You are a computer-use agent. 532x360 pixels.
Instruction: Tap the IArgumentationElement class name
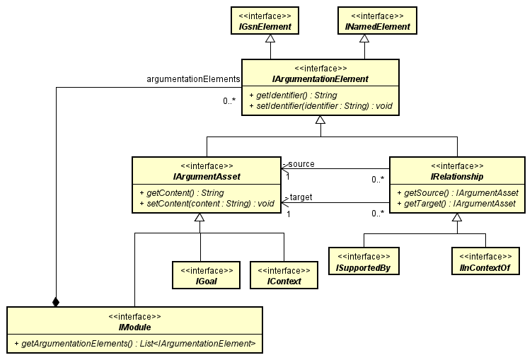coord(320,79)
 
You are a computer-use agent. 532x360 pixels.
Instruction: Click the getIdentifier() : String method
coord(293,95)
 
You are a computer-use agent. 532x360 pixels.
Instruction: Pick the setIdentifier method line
coord(320,106)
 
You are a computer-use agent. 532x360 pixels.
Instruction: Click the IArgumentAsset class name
coord(207,176)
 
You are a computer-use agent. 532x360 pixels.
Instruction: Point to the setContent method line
coord(207,204)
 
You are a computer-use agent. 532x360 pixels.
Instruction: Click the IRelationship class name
coord(457,176)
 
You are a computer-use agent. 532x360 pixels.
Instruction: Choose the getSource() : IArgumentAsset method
coord(457,192)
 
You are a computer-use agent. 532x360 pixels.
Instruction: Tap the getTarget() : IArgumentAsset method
coord(457,204)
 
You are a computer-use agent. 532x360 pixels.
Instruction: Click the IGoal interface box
coord(207,275)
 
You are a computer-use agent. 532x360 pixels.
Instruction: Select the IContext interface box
coord(284,275)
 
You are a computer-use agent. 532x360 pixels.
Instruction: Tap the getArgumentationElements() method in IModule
coord(134,343)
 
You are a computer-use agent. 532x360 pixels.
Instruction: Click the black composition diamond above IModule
coord(56,301)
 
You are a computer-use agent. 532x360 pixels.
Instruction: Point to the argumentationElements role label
coord(193,79)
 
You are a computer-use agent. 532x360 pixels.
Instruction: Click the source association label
coord(301,163)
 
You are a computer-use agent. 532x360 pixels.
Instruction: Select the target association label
coord(301,197)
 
